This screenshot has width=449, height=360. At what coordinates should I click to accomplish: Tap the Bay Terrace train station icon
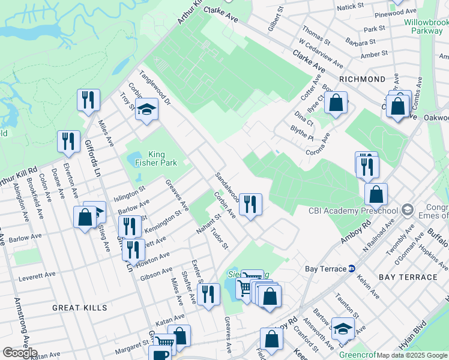(352, 268)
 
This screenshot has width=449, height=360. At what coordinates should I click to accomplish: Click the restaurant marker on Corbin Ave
(250, 204)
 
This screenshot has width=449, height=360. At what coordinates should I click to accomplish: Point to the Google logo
(20, 353)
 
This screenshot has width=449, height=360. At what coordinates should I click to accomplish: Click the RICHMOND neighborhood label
(362, 79)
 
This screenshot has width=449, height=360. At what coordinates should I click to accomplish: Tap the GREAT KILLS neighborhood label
(79, 308)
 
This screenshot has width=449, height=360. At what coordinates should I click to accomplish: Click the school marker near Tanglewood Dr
(146, 109)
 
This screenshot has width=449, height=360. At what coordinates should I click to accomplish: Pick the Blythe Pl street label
(301, 133)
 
